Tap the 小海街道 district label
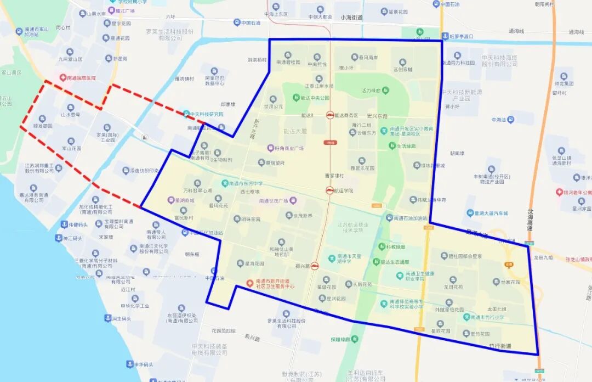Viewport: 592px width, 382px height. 351,18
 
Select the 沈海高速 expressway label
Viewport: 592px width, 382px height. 530,220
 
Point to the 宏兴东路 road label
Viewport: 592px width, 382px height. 377,116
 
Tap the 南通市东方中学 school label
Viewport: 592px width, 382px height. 246,183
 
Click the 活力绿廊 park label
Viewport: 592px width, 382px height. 375,91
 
